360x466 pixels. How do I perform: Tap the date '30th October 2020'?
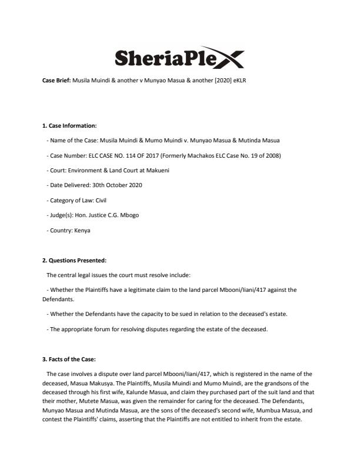[114, 185]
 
